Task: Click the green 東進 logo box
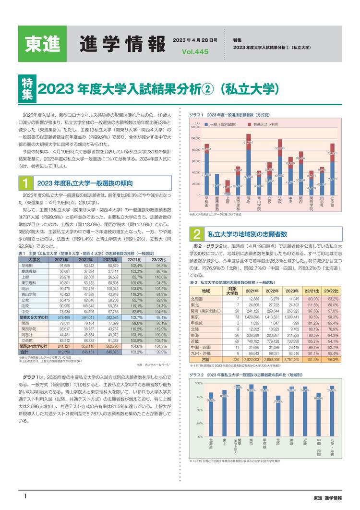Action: click(x=42, y=43)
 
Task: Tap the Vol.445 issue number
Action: click(x=192, y=52)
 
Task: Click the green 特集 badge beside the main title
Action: click(x=26, y=89)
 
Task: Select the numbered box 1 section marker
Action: click(x=25, y=183)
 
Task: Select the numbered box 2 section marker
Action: click(x=197, y=234)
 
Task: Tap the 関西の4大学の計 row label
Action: click(x=35, y=346)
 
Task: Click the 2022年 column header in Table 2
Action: click(x=272, y=291)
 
